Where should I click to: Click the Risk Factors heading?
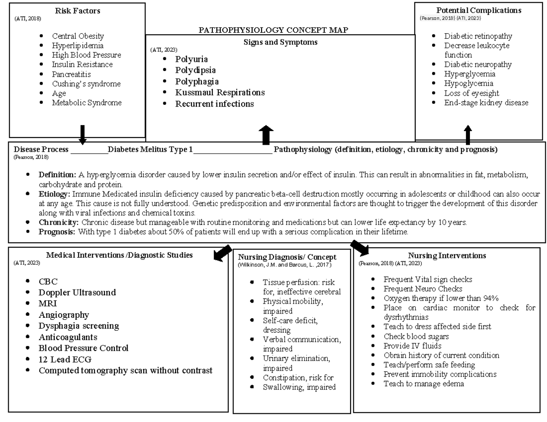coord(77,10)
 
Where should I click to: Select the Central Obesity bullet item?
coord(78,36)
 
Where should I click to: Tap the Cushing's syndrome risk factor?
coord(86,84)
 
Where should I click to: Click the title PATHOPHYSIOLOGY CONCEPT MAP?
coord(273,30)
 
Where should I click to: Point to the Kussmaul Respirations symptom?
coord(220,92)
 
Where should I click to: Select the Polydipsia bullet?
coord(196,70)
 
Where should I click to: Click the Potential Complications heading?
coord(479,10)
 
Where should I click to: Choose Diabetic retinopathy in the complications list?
coord(478,36)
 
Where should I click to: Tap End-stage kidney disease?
coord(486,102)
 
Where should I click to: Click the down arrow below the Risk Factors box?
coord(83,135)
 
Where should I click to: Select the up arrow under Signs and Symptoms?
coord(266,135)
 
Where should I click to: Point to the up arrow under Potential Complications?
coord(468,135)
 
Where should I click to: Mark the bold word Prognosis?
coord(57,232)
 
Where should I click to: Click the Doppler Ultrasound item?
coord(77,292)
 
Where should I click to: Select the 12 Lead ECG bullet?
coord(65,359)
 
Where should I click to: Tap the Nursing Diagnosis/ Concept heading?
coord(288,257)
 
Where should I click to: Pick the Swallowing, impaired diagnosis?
coord(299,387)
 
